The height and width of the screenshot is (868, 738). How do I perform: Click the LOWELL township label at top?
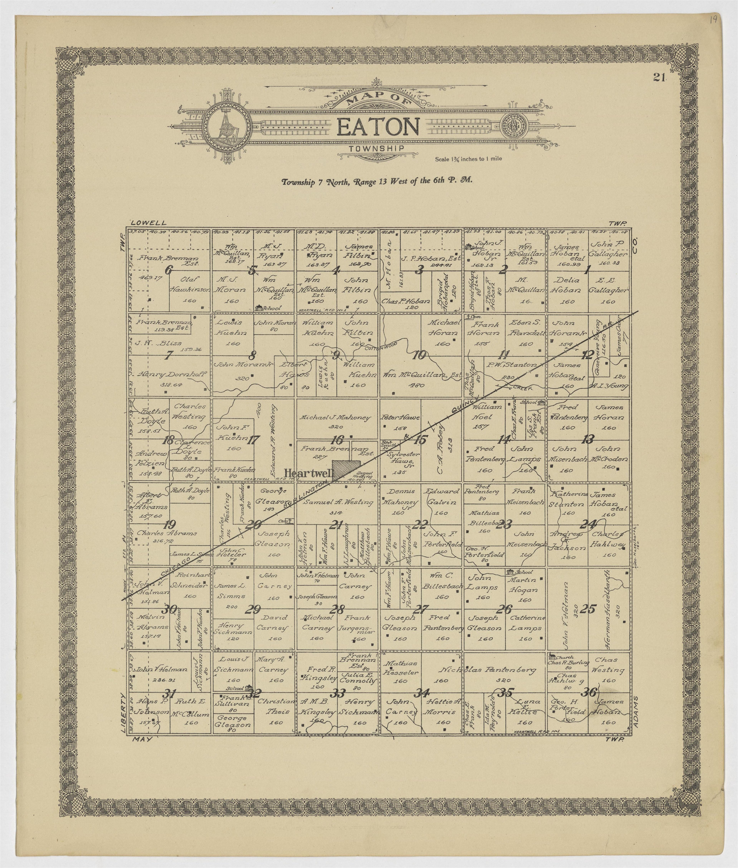point(149,223)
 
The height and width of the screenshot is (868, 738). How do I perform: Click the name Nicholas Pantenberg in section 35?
point(487,670)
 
